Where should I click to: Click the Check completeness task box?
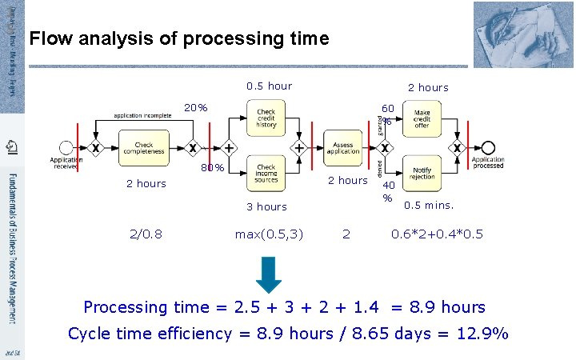point(144,147)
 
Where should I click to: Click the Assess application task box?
point(343,147)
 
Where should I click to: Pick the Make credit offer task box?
point(422,119)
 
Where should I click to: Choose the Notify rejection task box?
point(422,172)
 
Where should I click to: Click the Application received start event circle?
point(67,148)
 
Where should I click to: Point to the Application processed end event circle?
point(488,148)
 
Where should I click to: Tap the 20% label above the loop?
point(196,108)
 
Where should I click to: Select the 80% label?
point(212,168)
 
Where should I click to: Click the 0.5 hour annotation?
point(269,86)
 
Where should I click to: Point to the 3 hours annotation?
point(266,206)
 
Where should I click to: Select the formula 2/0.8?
point(146,234)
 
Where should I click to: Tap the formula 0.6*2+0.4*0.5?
point(437,234)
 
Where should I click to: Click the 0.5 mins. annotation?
point(429,205)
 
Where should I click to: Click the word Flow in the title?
point(47,38)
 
